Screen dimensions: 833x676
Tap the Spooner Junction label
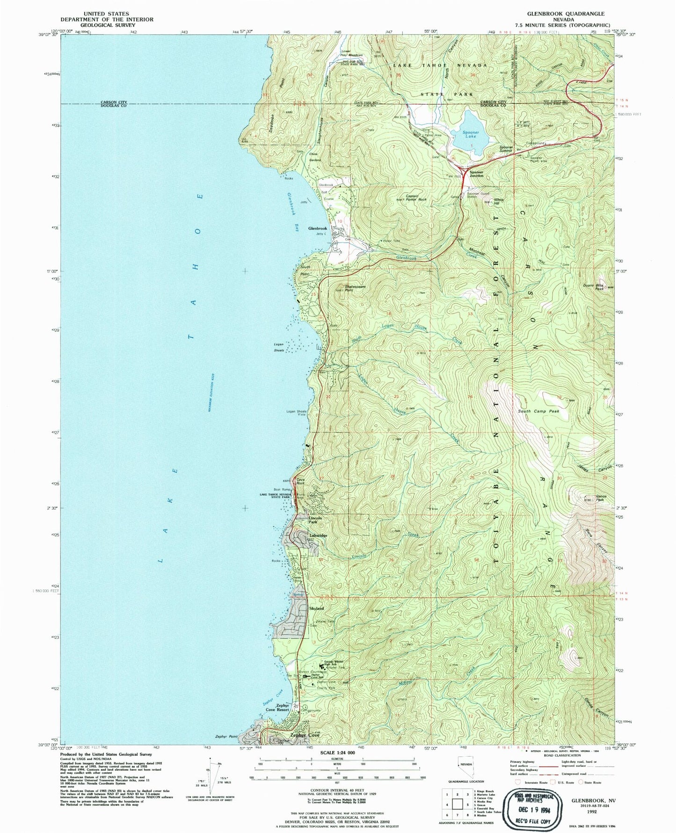click(x=476, y=173)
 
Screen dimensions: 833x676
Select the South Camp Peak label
click(x=538, y=411)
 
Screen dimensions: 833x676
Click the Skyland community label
click(x=317, y=608)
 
